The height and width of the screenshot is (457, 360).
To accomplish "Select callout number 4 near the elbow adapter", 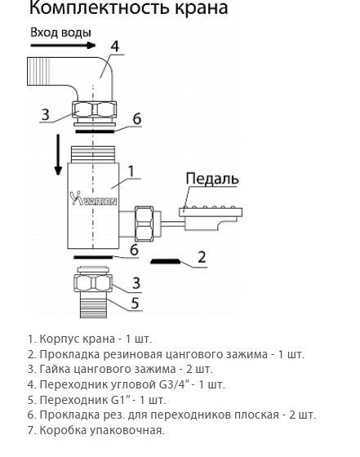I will [x=115, y=47].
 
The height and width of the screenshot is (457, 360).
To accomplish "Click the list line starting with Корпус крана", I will [x=89, y=338].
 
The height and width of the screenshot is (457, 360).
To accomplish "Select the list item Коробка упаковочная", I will [x=96, y=430].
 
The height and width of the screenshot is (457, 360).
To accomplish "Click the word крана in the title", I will [x=189, y=10].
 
